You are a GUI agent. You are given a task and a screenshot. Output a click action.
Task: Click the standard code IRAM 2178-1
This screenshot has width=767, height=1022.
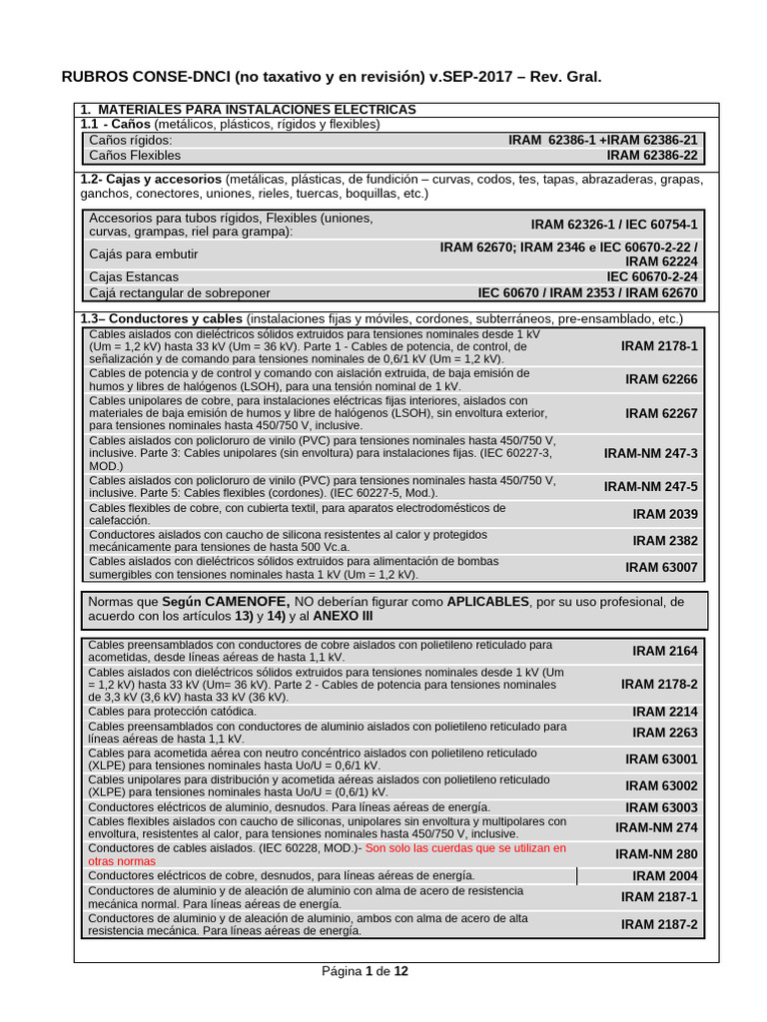659,346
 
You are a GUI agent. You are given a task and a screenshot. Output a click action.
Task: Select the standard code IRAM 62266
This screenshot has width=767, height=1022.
661,379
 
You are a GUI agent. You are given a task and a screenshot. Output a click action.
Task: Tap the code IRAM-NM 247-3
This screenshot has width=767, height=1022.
650,453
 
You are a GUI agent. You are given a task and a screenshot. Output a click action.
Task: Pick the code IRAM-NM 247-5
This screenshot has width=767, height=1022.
650,487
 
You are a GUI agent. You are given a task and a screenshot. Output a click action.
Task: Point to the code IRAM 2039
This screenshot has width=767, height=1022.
665,514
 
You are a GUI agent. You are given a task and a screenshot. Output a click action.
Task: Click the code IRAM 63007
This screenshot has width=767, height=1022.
661,568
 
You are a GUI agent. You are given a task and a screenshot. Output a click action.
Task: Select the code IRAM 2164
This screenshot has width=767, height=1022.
665,651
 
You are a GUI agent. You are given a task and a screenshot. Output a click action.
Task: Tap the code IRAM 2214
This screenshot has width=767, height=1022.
665,712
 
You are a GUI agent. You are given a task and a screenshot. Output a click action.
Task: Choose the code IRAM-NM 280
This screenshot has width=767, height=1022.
656,854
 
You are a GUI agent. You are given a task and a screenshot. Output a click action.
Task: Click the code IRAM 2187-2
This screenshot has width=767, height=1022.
659,925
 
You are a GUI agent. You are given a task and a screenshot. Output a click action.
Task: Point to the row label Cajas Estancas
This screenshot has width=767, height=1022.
134,276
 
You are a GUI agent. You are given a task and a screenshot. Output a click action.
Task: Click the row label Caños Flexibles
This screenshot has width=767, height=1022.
135,156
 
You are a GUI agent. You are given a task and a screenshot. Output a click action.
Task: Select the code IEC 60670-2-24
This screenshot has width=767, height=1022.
652,276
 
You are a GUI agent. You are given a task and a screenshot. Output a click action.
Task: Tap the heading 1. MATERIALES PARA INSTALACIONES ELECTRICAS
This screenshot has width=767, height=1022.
248,109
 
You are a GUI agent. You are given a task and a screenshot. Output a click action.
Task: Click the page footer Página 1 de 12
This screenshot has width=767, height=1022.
365,971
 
